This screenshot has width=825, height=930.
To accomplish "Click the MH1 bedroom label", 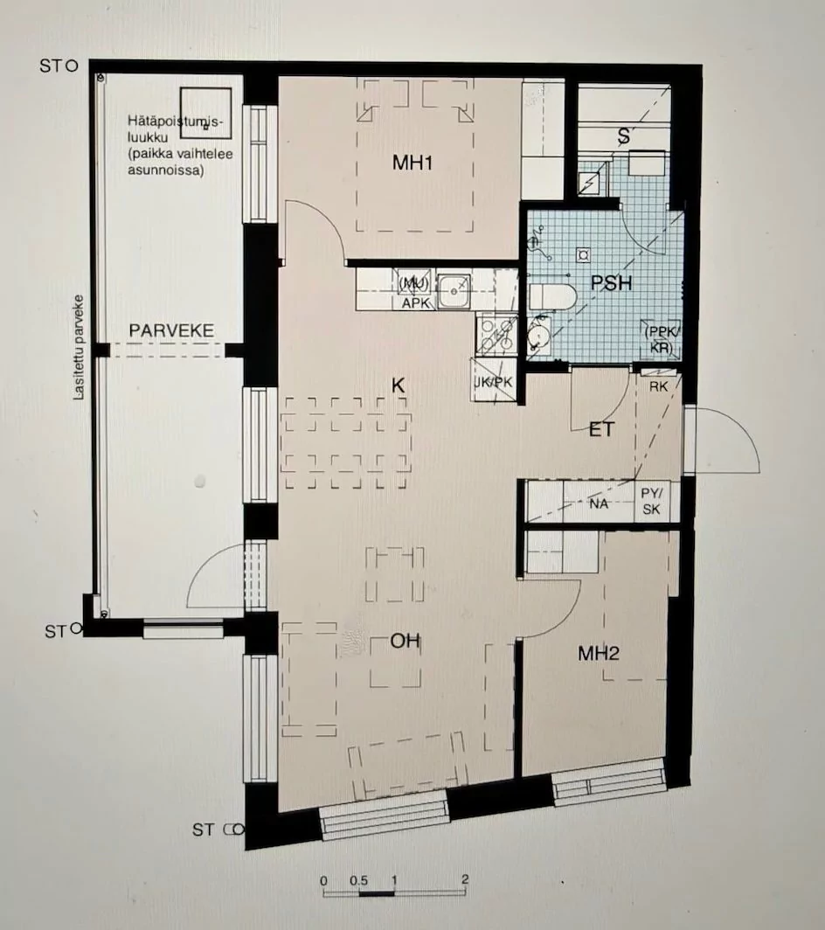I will click(413, 163).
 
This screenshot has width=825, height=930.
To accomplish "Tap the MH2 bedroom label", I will click(599, 653).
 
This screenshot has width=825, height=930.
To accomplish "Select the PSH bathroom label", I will click(611, 283).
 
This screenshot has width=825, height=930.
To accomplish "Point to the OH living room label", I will click(405, 642).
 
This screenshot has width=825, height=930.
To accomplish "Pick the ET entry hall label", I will click(602, 428).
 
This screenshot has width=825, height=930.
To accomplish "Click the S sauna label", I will click(624, 135).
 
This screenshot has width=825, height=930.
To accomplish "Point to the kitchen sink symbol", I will click(454, 290).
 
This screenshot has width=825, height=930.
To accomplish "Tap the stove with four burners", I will click(495, 332).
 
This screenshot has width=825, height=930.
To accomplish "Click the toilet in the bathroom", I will click(551, 296).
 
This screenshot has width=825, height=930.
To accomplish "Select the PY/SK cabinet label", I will click(651, 503).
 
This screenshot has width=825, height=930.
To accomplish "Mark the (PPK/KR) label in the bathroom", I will click(661, 339).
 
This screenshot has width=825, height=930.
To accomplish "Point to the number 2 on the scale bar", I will click(465, 879).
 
